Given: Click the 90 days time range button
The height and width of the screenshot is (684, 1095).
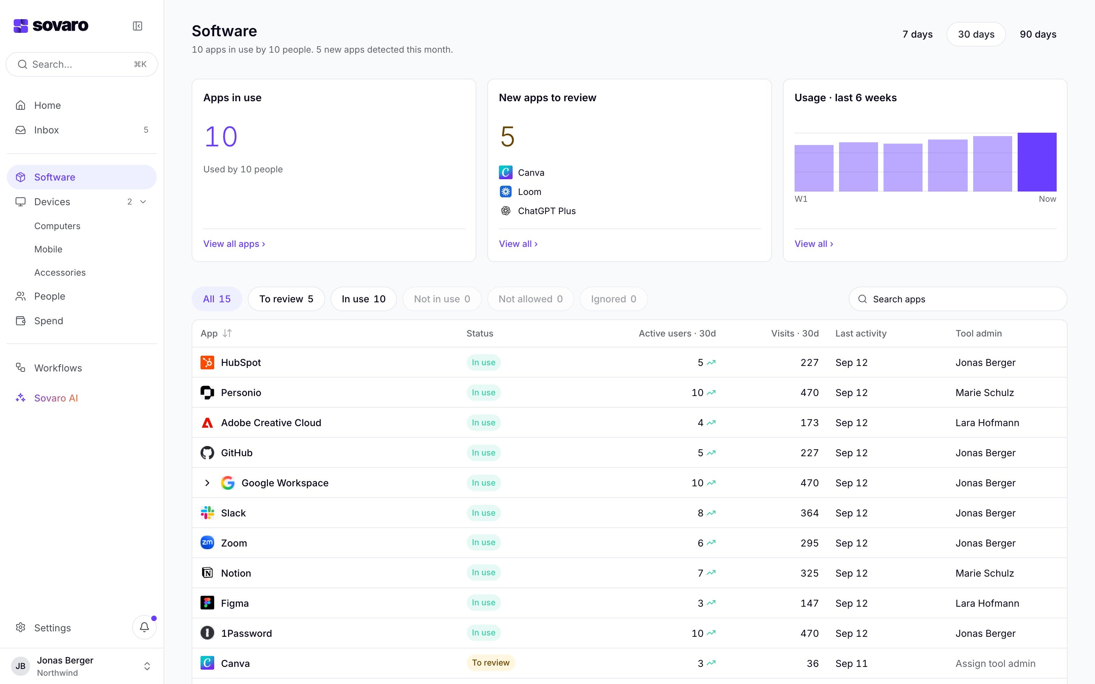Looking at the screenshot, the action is coord(1038,35).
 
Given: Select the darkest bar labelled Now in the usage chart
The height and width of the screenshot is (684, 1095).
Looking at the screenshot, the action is coord(1036,162).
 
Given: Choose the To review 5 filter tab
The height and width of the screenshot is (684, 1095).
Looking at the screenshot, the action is coord(286,299).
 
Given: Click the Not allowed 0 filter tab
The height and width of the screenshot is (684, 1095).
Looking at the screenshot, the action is coord(530,299).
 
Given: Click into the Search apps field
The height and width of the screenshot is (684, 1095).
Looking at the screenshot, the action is coord(957,299).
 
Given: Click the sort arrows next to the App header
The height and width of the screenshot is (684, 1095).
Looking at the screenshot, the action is coord(227,333).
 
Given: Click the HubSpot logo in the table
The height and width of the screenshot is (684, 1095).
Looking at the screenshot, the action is coord(207,363).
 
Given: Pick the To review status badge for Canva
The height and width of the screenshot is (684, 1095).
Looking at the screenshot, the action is coord(490,663).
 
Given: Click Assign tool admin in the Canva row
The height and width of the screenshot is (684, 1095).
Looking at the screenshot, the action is coord(995,663).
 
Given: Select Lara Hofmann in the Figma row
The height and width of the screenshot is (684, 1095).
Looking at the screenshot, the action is coord(987,603).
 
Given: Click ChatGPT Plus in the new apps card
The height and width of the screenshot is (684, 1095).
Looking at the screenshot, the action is coord(546,211).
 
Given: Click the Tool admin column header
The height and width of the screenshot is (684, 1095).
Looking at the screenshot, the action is coord(978,333).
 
